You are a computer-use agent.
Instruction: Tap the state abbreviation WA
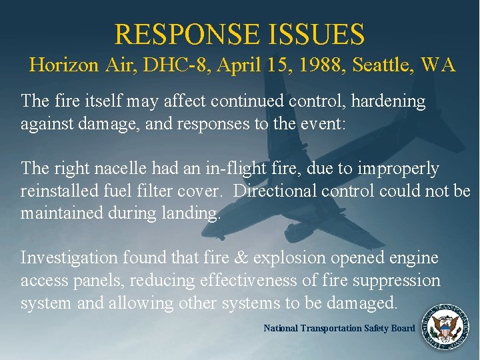tap(438, 65)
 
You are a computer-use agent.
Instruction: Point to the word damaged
tap(365, 303)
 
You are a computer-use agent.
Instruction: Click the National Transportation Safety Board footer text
tap(339, 328)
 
